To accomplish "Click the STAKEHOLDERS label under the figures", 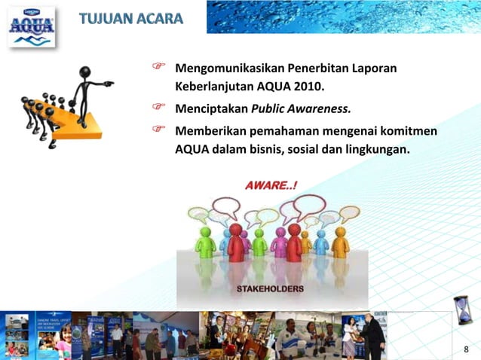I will (269, 288).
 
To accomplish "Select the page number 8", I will (466, 349).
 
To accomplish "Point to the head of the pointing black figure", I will (85, 73).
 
